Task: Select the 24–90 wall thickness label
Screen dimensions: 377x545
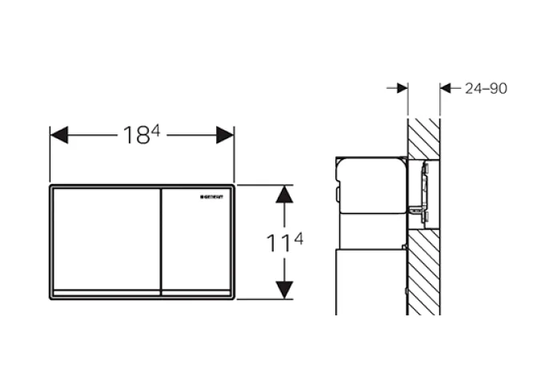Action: pyautogui.click(x=486, y=89)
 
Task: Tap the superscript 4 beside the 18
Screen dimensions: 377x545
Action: pyautogui.click(x=156, y=130)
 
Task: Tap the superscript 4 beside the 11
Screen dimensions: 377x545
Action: pyautogui.click(x=299, y=237)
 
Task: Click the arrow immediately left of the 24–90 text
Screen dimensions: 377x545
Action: pyautogui.click(x=449, y=89)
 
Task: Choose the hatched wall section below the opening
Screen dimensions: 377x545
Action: pyautogui.click(x=424, y=272)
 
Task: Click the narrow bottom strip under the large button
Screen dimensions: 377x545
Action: pyautogui.click(x=106, y=292)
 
